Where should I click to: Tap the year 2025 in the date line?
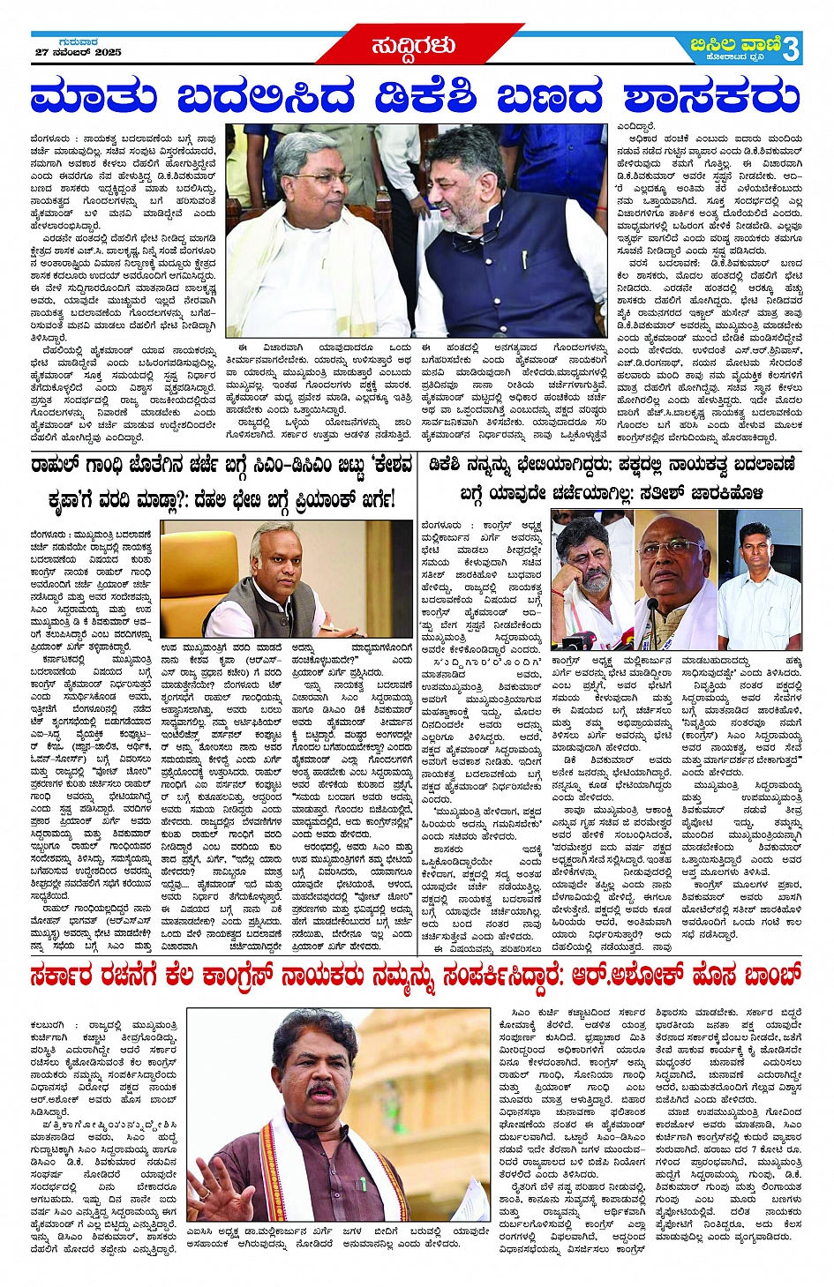108,53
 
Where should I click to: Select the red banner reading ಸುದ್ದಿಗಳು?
415,44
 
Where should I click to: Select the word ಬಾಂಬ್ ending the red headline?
770,976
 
